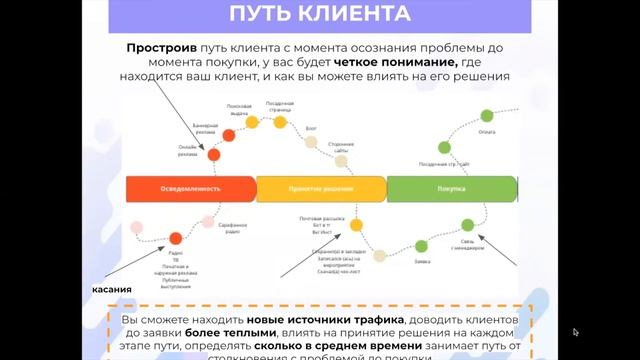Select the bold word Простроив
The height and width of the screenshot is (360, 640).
[162, 47]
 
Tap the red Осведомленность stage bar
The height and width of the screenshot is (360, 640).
[190, 188]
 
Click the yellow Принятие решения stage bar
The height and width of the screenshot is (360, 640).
[321, 188]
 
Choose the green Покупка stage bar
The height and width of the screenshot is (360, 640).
[451, 188]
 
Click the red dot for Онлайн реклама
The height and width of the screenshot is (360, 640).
[213, 156]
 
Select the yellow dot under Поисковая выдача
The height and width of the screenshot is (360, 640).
[252, 122]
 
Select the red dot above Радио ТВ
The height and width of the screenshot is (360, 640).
[176, 238]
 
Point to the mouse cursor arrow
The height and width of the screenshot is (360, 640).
[576, 332]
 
